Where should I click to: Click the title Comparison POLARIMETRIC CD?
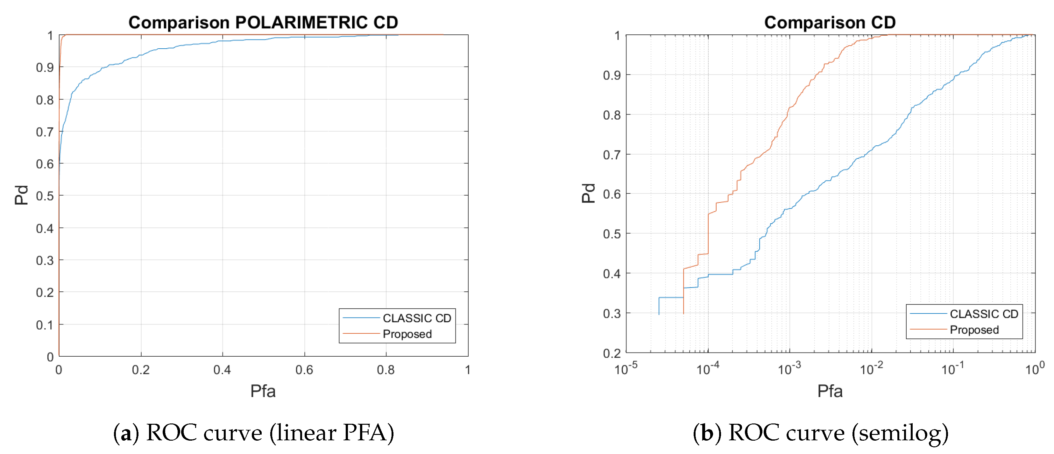263,23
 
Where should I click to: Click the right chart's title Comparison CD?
830,23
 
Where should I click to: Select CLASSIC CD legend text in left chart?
416,318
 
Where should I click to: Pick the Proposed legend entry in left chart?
407,334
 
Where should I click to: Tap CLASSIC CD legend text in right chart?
984,314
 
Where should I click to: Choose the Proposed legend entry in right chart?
974,330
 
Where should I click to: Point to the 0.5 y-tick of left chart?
45,196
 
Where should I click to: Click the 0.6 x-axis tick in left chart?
304,370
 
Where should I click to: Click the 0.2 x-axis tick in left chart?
141,370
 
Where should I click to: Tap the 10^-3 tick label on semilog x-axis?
789,369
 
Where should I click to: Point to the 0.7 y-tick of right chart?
612,155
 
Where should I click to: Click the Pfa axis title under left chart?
263,391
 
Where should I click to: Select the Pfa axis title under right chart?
830,391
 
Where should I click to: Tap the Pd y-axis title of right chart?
588,193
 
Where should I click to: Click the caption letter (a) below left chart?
126,433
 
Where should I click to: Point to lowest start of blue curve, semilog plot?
659,314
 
